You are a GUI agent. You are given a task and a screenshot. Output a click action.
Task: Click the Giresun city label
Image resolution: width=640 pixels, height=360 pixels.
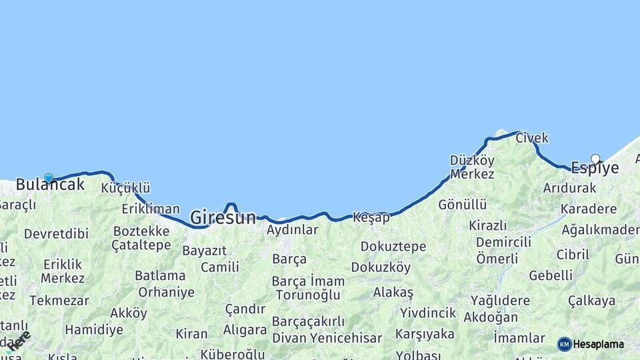[x=223, y=217]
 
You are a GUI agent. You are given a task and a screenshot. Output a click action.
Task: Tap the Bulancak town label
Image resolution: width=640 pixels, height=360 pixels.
[x=50, y=185]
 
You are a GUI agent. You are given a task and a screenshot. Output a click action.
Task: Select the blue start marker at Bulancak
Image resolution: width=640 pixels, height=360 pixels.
[x=49, y=178]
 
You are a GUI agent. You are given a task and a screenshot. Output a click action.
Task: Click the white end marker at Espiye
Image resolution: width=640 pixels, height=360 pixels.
[x=595, y=159]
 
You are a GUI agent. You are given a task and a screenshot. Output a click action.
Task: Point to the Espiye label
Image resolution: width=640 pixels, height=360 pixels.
[x=595, y=169]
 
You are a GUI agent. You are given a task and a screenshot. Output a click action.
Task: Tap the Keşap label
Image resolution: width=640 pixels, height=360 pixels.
[x=371, y=217]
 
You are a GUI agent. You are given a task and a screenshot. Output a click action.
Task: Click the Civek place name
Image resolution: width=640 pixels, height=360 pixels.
[x=532, y=138]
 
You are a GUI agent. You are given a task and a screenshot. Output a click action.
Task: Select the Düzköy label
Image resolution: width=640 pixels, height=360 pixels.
[x=472, y=161]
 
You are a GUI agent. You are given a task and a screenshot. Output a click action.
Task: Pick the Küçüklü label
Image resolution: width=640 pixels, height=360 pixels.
[x=125, y=188]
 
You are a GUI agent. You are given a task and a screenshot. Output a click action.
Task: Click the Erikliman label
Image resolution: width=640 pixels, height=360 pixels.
[x=151, y=209]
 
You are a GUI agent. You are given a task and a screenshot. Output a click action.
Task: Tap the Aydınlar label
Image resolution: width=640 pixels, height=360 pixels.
[x=292, y=230]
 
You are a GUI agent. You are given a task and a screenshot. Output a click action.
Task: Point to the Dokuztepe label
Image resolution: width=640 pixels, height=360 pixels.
[x=393, y=247]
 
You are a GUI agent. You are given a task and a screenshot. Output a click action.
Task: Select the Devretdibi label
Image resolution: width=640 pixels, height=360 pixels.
[x=56, y=234]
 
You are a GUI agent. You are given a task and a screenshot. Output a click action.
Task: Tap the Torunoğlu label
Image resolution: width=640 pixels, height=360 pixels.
[x=308, y=295]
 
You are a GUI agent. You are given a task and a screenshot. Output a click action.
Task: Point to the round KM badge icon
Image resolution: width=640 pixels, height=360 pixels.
[x=565, y=344]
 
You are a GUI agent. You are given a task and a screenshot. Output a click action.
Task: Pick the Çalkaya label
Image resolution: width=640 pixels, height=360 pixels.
[x=591, y=301]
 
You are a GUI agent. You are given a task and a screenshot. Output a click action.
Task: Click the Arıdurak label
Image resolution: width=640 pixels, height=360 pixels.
[x=569, y=188]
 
